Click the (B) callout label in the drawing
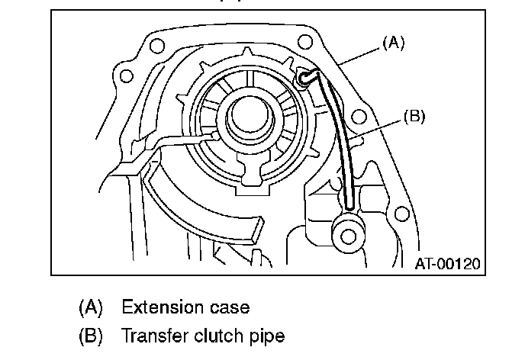coord(413,117)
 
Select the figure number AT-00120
coord(448,264)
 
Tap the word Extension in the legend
coord(158,307)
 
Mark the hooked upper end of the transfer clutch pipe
coord(306,76)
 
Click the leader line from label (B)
coord(378,128)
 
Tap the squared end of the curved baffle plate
coord(255,227)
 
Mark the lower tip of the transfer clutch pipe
coord(349,204)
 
